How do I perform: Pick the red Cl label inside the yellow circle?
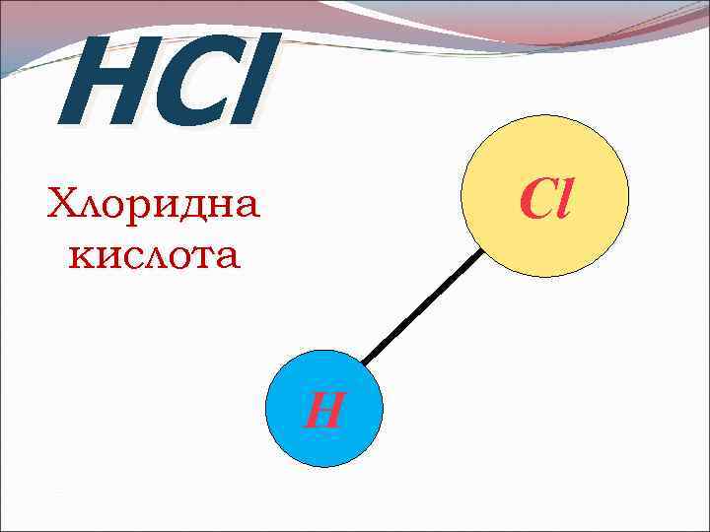(x=545, y=198)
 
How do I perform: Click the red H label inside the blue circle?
(x=322, y=409)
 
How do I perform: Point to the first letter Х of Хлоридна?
(x=63, y=206)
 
